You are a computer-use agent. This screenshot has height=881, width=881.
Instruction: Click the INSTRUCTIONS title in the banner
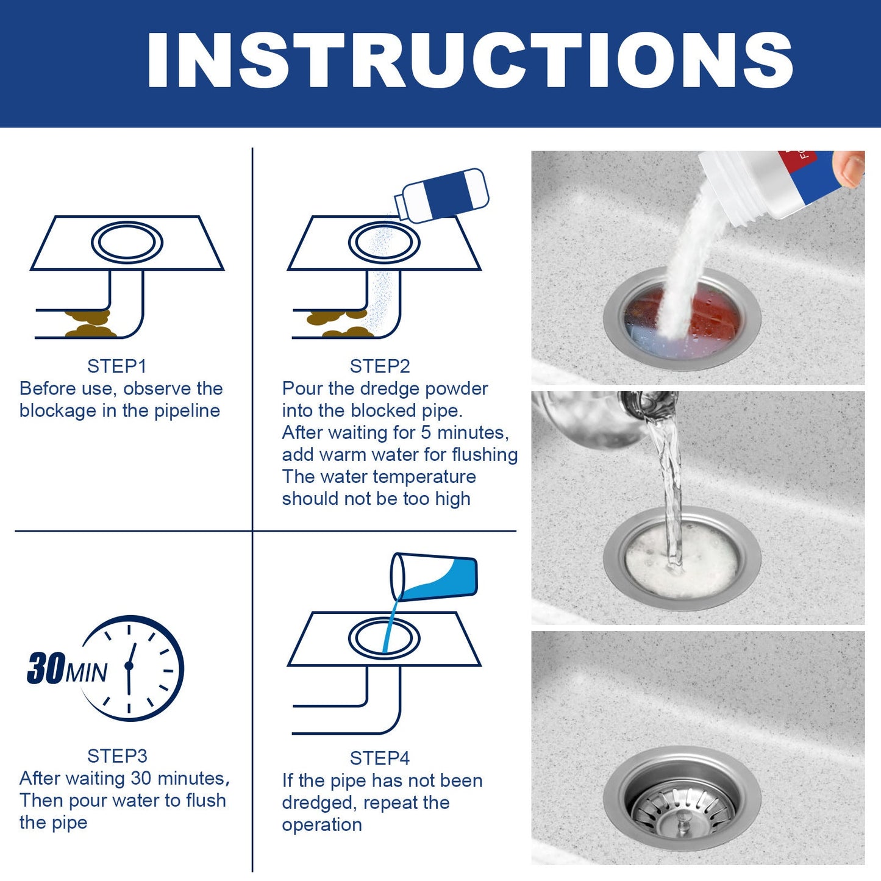(x=469, y=61)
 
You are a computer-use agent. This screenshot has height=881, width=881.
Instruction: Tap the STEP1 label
(x=116, y=366)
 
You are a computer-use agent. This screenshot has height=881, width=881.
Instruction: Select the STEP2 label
(x=379, y=366)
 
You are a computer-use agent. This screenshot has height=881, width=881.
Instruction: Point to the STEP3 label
(x=117, y=756)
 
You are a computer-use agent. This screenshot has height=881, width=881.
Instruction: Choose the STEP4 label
(x=379, y=758)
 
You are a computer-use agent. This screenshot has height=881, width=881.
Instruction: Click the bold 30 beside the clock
(x=46, y=668)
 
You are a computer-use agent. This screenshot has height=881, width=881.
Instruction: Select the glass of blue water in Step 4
(x=434, y=577)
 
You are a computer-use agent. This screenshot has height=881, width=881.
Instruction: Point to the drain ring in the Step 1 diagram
(x=127, y=243)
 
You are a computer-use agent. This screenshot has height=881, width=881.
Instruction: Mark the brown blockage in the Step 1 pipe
(x=89, y=324)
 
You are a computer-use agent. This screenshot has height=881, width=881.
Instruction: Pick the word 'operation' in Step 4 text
(x=321, y=825)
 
